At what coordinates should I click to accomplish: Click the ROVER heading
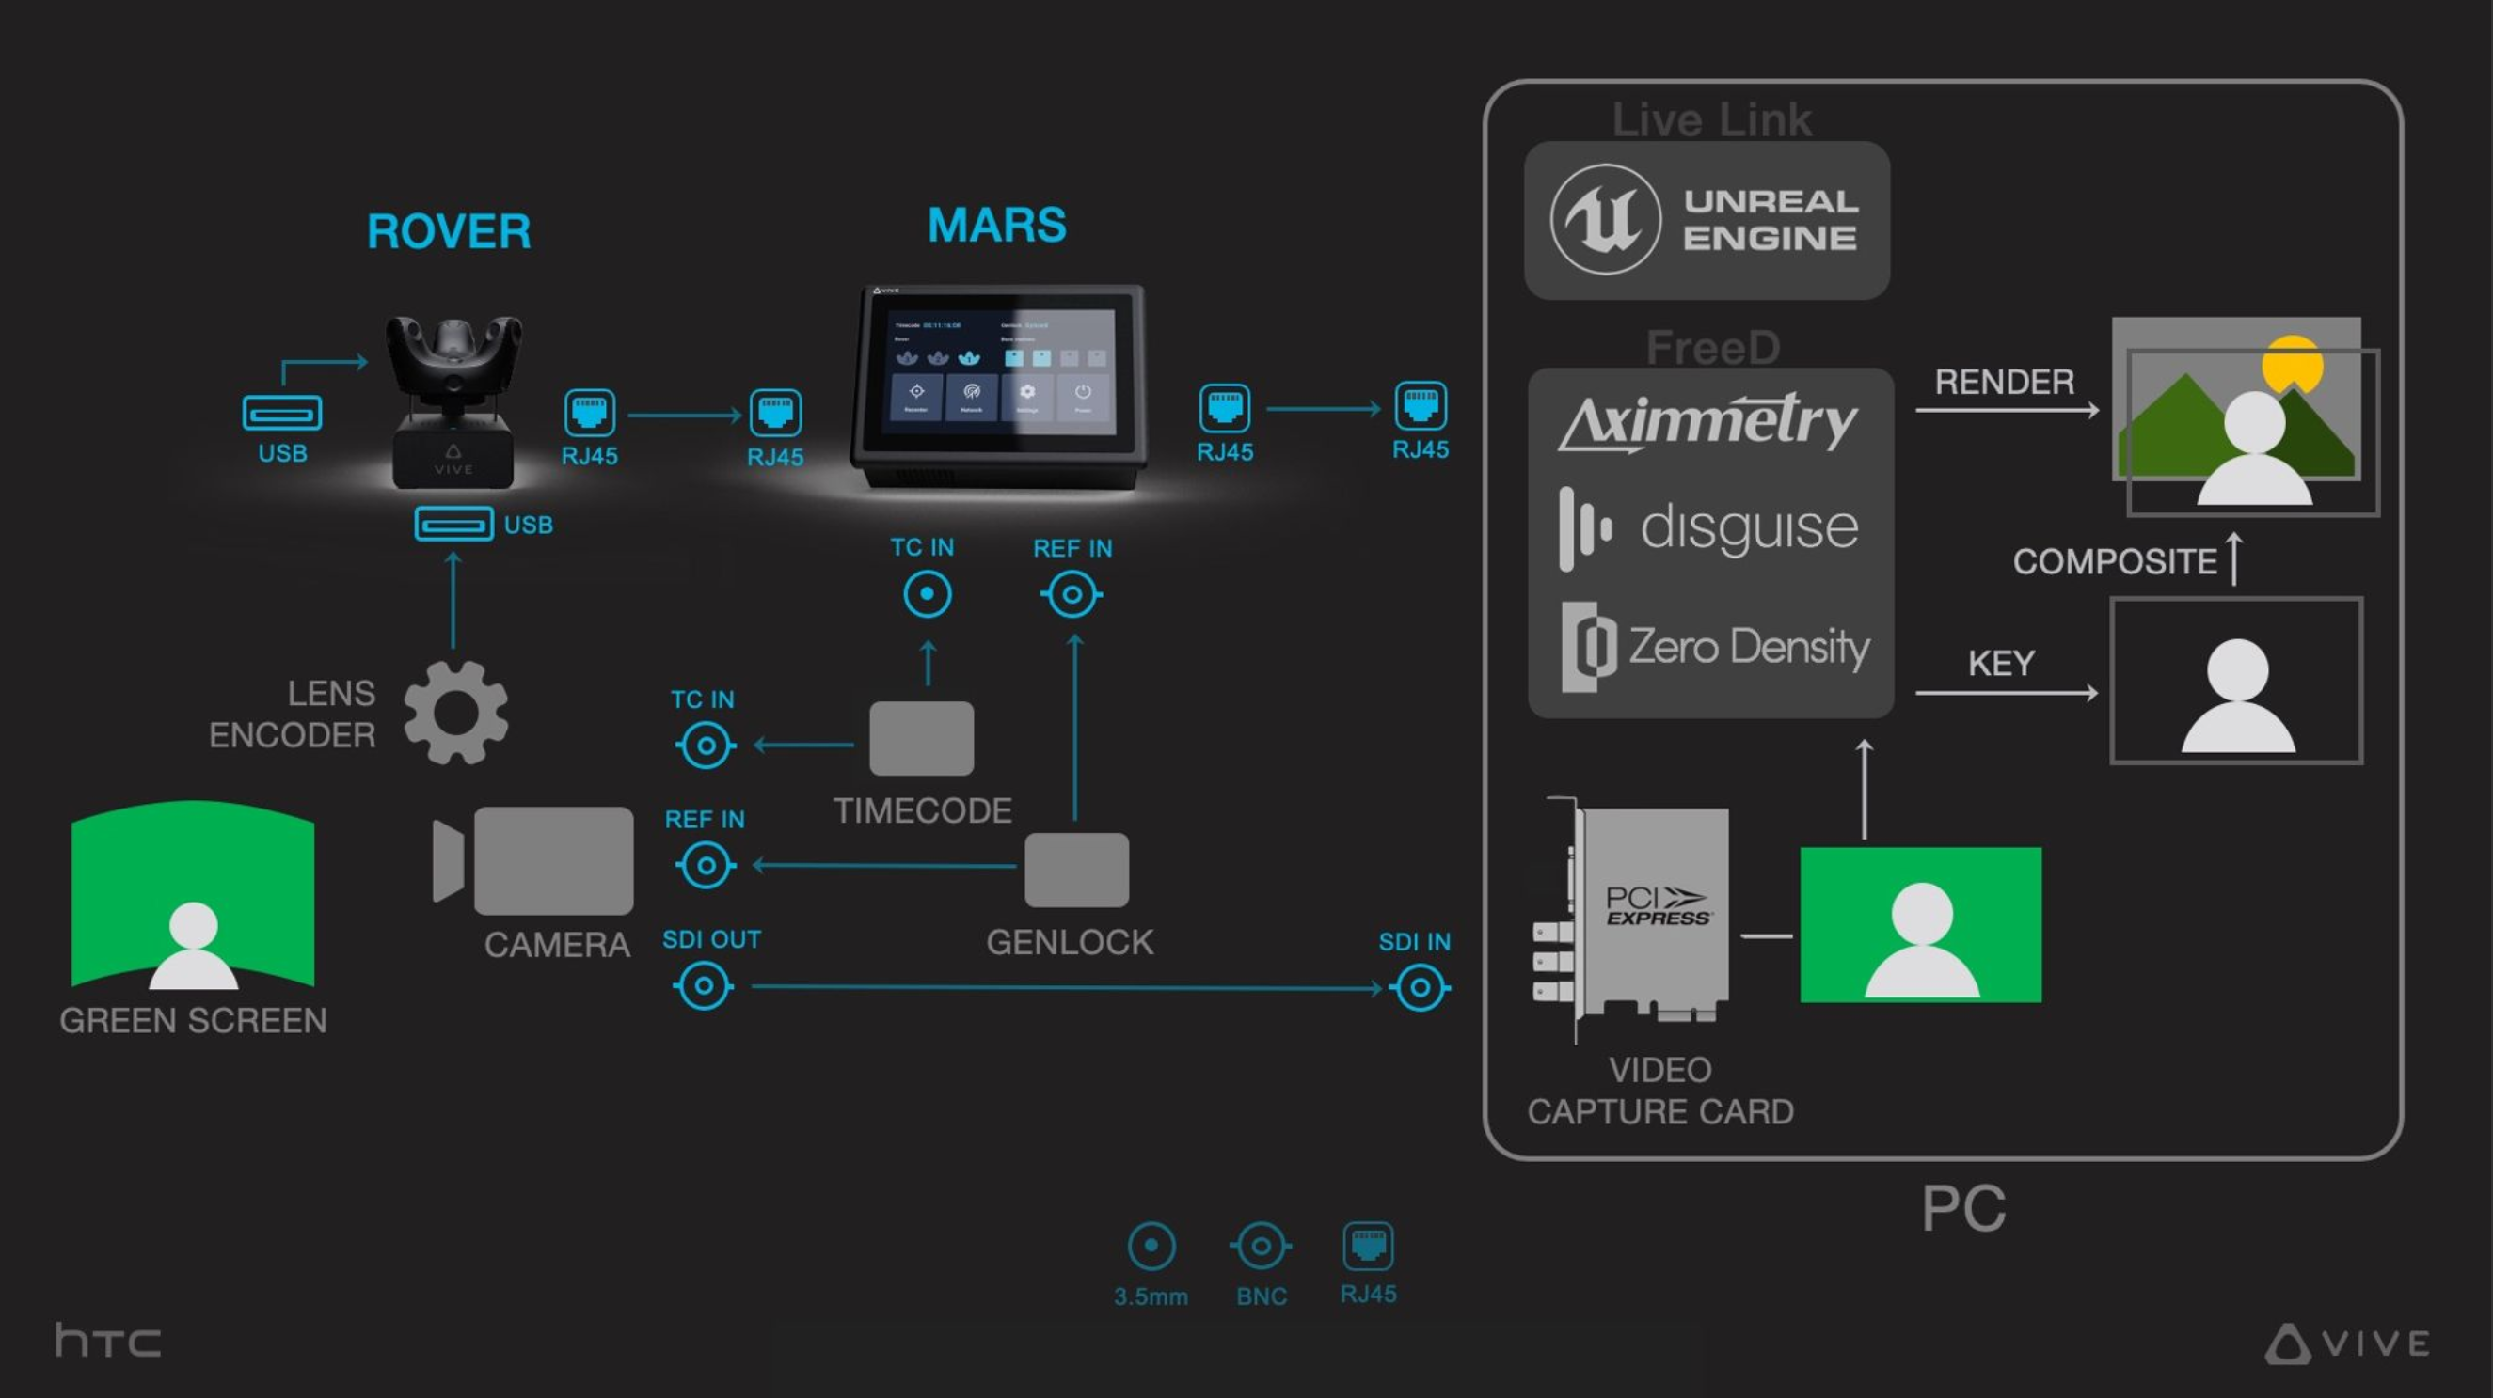tap(449, 232)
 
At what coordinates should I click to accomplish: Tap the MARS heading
tap(997, 226)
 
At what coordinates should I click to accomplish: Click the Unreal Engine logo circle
tap(1605, 220)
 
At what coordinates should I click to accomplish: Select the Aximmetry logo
tap(1708, 422)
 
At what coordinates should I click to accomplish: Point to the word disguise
tap(1749, 528)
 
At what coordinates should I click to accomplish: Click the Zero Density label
tap(1748, 646)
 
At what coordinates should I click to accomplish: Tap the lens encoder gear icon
tap(456, 713)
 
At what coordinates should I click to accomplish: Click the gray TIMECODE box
tap(921, 738)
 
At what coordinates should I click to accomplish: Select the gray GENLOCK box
tap(1076, 870)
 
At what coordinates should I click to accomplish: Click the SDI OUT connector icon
tap(704, 987)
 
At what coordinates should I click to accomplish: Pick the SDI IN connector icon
tap(1420, 988)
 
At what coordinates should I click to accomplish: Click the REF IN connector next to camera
tap(706, 865)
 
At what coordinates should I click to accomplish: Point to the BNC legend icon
tap(1260, 1246)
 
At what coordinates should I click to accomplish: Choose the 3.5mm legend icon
tap(1151, 1246)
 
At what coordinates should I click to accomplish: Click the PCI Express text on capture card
tap(1657, 905)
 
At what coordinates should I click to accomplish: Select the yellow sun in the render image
tap(2291, 362)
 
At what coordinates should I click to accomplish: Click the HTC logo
tap(108, 1340)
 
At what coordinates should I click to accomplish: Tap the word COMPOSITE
tap(2115, 561)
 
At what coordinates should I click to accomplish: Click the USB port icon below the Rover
tap(453, 525)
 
